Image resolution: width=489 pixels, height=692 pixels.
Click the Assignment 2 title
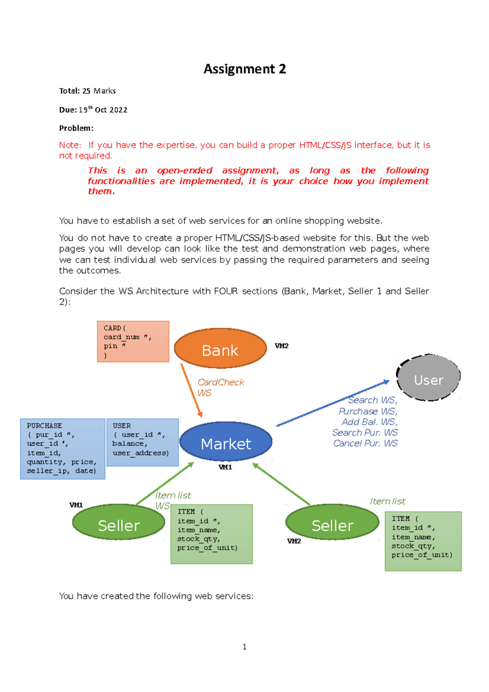pyautogui.click(x=244, y=69)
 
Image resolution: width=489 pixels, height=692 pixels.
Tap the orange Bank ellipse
pyautogui.click(x=220, y=348)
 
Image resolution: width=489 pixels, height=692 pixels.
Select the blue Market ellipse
pyautogui.click(x=226, y=442)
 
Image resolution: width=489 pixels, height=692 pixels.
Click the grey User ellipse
pyautogui.click(x=428, y=378)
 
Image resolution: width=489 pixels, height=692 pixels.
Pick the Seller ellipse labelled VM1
pyautogui.click(x=119, y=522)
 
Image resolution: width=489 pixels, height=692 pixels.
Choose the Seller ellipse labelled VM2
pyautogui.click(x=332, y=522)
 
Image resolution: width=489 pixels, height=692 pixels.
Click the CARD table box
pyautogui.click(x=133, y=342)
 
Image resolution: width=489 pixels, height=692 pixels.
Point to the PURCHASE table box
pyautogui.click(x=63, y=449)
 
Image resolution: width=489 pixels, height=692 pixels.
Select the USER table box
pyautogui.click(x=142, y=442)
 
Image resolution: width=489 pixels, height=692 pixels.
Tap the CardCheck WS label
pyautogui.click(x=220, y=387)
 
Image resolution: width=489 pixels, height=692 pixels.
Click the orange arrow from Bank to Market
pyautogui.click(x=192, y=390)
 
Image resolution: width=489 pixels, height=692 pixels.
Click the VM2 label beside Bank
pyautogui.click(x=282, y=346)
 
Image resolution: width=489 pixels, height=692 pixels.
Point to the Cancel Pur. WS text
pyautogui.click(x=365, y=443)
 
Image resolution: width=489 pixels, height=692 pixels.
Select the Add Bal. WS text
pyautogui.click(x=369, y=422)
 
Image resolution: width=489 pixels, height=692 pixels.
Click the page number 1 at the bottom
pyautogui.click(x=244, y=647)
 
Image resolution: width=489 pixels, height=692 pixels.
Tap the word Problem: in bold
pyautogui.click(x=76, y=128)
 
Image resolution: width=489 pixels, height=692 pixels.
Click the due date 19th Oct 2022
pyautogui.click(x=103, y=110)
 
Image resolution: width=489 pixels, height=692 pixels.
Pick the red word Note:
pyautogui.click(x=70, y=145)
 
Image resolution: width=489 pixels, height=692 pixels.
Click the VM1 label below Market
pyautogui.click(x=225, y=467)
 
